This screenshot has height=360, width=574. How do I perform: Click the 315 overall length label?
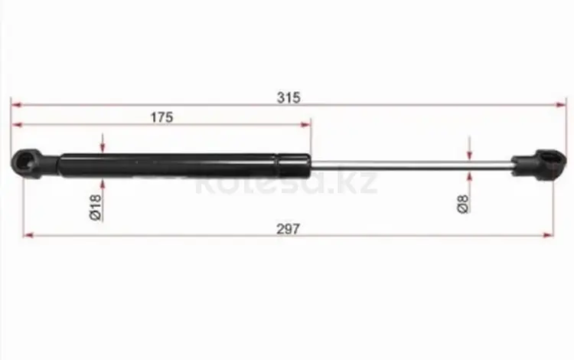(x=289, y=98)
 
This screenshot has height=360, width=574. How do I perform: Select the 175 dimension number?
(x=161, y=117)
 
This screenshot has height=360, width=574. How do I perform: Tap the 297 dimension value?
(x=288, y=229)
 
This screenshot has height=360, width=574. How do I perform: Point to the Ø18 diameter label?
(x=95, y=208)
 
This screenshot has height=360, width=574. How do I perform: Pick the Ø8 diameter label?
(x=463, y=204)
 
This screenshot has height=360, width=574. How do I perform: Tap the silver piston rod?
(x=411, y=165)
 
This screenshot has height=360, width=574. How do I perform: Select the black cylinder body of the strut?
(x=185, y=165)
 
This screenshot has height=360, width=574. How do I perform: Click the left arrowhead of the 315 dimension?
(x=16, y=105)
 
